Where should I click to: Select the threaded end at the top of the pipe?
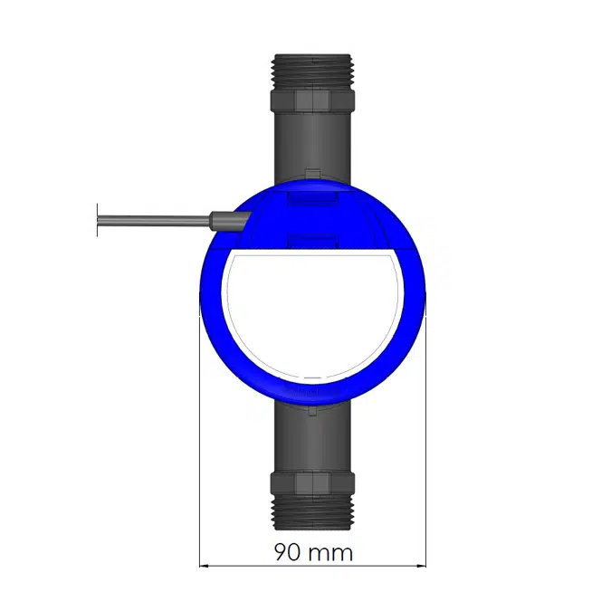coord(311,71)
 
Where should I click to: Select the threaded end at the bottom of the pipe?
coord(311,511)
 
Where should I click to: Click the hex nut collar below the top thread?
coord(311,99)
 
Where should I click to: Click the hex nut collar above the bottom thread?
coord(311,482)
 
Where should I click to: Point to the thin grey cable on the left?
coord(154,218)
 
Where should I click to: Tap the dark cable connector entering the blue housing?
coord(226,218)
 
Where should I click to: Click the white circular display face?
coord(311,312)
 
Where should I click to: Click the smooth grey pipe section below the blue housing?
coord(311,439)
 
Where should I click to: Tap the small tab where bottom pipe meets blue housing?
coord(311,411)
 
